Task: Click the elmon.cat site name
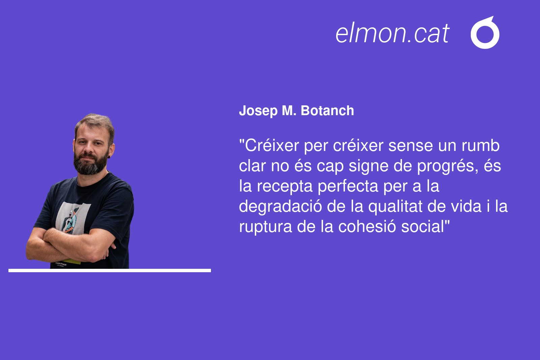tap(392, 33)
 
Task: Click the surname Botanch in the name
tap(327, 110)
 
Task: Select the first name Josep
tap(258, 111)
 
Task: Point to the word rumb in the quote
tap(481, 146)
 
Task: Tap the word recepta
tap(285, 187)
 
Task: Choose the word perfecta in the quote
tap(348, 186)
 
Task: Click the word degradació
tap(280, 207)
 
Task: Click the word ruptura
tap(265, 227)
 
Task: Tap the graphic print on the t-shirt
tap(72, 218)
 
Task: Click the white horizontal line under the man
tap(110, 271)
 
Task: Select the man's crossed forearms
tap(71, 246)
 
